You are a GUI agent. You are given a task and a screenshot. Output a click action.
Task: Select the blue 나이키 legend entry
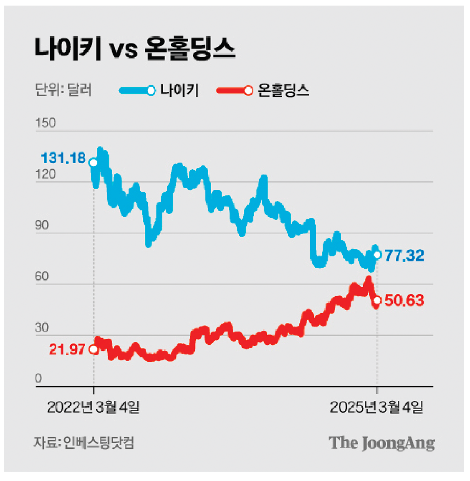[x=159, y=91]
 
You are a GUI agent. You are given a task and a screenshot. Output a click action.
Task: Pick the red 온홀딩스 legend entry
[x=263, y=91]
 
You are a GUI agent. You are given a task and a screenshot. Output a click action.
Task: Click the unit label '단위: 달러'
[x=63, y=90]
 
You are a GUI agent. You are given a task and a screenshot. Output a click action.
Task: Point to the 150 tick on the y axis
[x=45, y=123]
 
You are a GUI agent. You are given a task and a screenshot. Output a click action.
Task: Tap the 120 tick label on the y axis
[x=45, y=174]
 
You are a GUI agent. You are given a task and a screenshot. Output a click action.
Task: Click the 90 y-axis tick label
[x=42, y=225]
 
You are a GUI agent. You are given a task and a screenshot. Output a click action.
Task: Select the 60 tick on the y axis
[x=42, y=276]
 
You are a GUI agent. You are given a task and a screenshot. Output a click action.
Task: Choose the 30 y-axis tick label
[x=42, y=328]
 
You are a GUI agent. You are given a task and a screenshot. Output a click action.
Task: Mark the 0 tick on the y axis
[x=39, y=378]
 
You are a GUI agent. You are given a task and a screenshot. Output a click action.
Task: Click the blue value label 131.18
[x=63, y=158]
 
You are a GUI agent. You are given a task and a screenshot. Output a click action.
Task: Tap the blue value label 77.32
[x=404, y=256]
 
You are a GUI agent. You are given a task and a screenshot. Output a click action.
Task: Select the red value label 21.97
[x=67, y=349]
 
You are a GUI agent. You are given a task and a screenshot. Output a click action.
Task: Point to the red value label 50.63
[x=404, y=300]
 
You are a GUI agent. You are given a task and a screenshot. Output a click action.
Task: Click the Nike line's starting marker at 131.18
[x=93, y=163]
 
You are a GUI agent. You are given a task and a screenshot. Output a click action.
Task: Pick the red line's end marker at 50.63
[x=377, y=300]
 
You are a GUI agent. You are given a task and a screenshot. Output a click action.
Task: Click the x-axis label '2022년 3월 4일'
[x=93, y=407]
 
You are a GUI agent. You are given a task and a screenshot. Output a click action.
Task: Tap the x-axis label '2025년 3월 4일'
[x=377, y=407]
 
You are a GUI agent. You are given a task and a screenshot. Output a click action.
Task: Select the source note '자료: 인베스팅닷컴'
[x=84, y=443]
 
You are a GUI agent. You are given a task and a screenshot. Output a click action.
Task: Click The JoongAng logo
[x=382, y=443]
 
